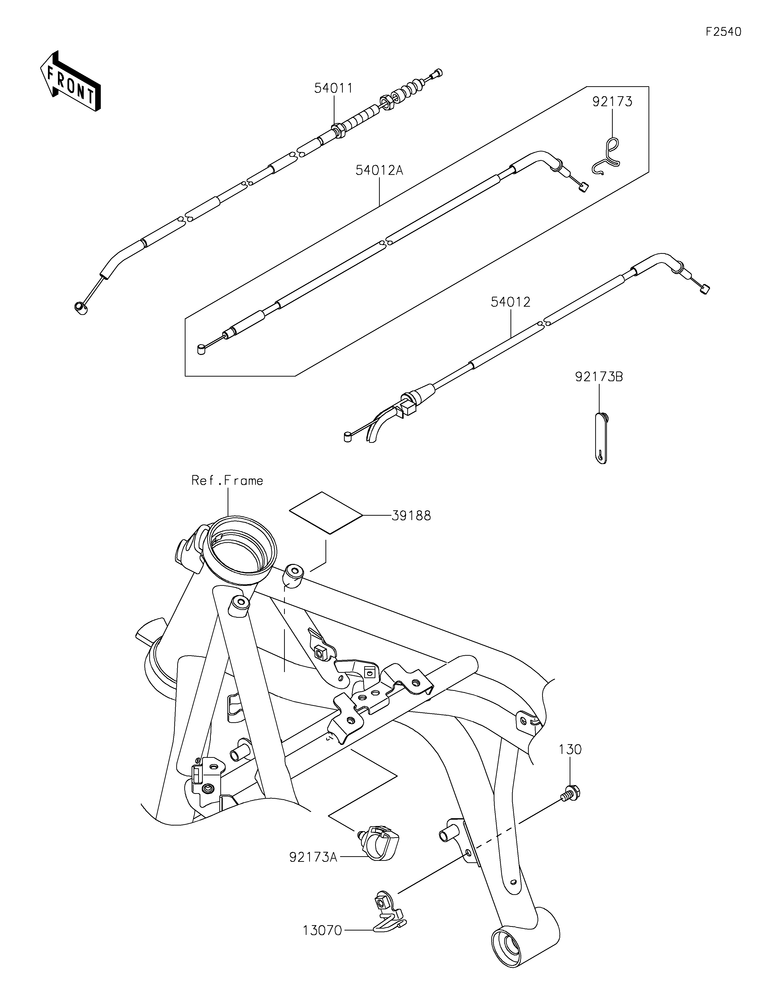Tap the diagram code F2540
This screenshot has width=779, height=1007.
tap(723, 32)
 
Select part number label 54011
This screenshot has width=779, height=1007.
tap(334, 88)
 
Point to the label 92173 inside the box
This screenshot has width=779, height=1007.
tap(612, 101)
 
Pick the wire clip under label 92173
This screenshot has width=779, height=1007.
tap(606, 157)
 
